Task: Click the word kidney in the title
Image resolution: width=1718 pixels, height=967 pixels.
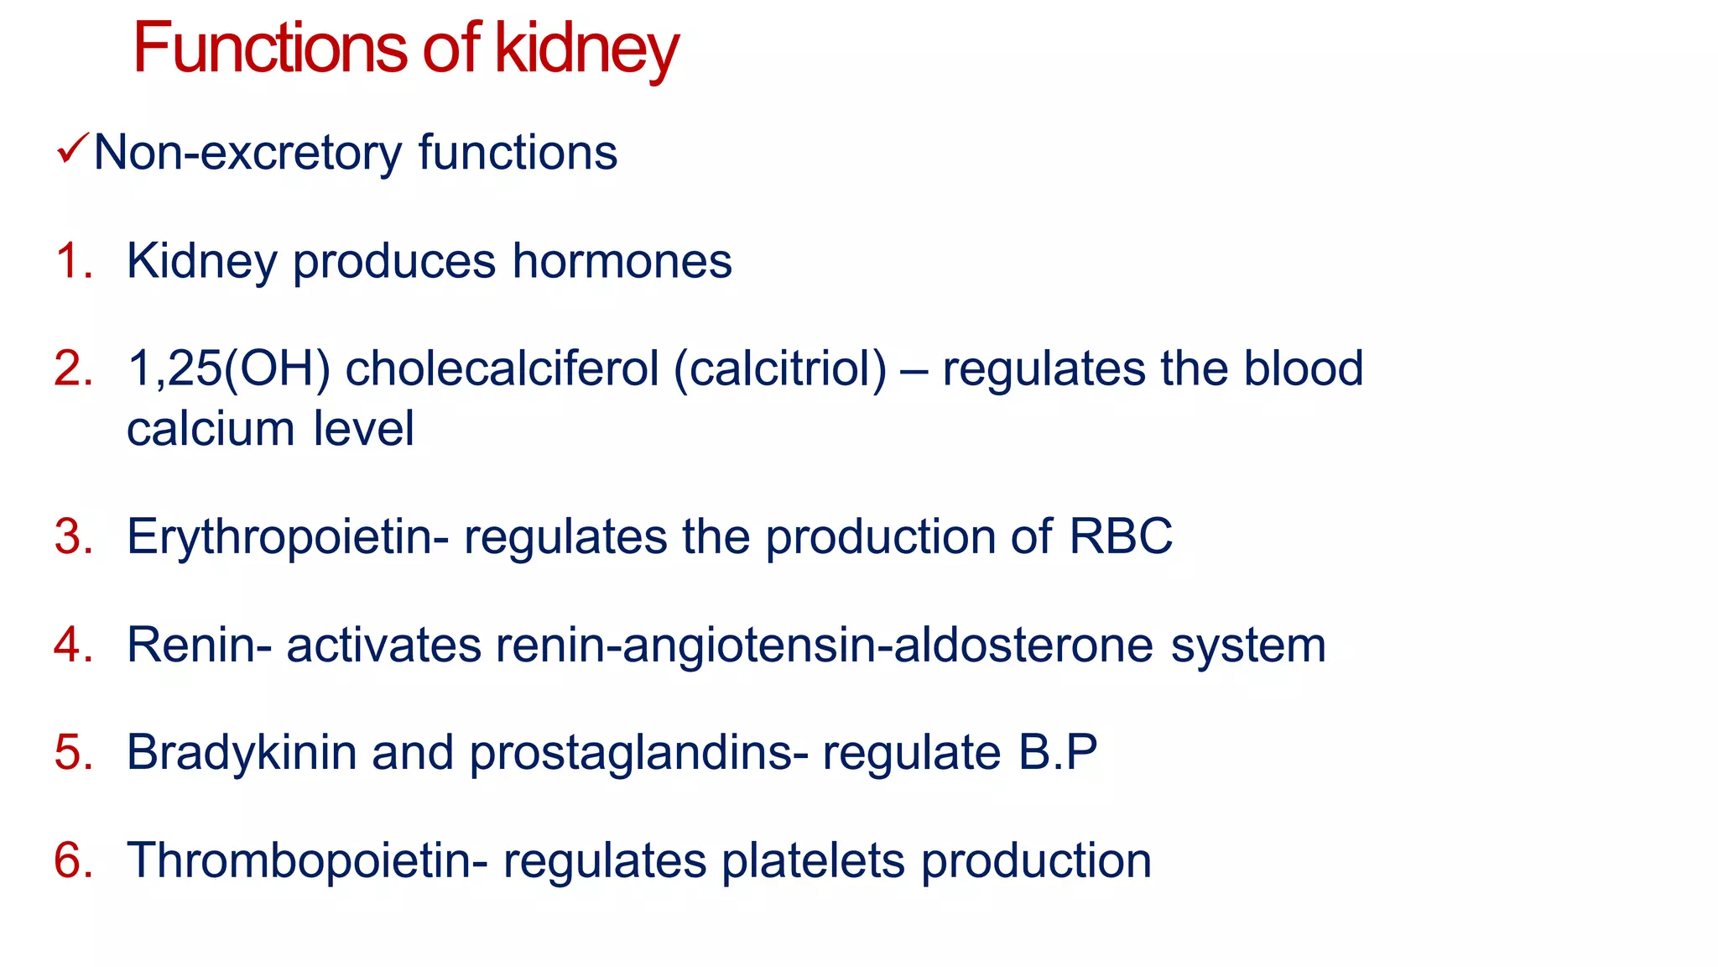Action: point(586,49)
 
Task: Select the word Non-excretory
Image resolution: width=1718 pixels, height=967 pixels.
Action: point(247,153)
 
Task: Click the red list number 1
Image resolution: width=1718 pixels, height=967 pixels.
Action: point(73,260)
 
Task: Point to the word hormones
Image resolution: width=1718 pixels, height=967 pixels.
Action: point(622,260)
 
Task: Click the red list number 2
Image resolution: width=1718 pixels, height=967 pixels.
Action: point(73,369)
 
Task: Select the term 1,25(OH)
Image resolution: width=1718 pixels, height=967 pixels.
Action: point(228,369)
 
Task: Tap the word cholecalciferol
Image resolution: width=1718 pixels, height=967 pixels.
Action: point(502,369)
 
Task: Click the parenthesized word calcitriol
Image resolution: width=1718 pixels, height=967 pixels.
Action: point(780,369)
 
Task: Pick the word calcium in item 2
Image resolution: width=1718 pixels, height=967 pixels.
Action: point(211,429)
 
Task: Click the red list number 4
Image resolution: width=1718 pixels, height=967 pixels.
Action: point(73,645)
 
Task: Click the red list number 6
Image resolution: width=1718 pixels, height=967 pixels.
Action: point(73,860)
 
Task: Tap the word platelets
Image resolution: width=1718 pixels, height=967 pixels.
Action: point(813,860)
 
